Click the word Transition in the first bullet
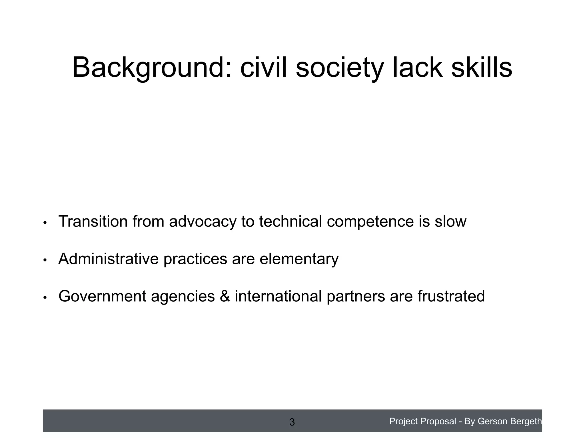(x=93, y=221)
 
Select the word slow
(x=450, y=221)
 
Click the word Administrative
(x=108, y=259)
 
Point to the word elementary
(x=299, y=259)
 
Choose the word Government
(x=102, y=296)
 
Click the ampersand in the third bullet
(x=225, y=296)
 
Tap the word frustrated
(x=451, y=296)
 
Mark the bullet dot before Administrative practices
(x=45, y=260)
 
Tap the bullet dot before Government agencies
(x=45, y=297)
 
